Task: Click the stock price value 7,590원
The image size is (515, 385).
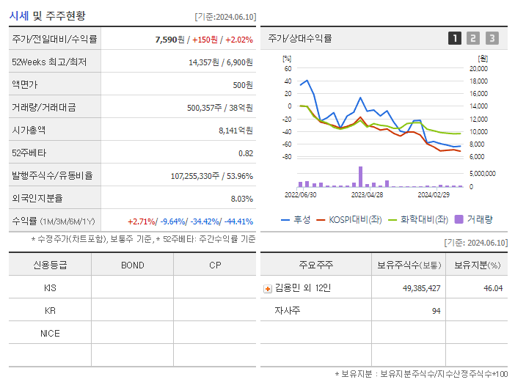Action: [x=171, y=39]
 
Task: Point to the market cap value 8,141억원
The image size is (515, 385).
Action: [x=235, y=130]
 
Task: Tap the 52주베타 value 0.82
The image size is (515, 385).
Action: [x=245, y=153]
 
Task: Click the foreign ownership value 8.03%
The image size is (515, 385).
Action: [x=241, y=198]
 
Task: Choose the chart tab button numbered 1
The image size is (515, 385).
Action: [x=455, y=39]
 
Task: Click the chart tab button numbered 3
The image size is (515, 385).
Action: [x=492, y=39]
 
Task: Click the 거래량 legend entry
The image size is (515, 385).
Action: [x=474, y=219]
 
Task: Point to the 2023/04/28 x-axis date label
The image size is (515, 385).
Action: [x=367, y=195]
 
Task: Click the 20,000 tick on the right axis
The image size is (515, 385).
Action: [x=478, y=68]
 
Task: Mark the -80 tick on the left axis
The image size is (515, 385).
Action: [x=287, y=157]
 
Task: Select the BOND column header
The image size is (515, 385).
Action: [x=132, y=265]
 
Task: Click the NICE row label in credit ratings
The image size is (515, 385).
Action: [x=50, y=333]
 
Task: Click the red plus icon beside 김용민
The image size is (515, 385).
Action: [x=267, y=289]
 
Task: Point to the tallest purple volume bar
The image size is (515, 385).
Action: [x=360, y=176]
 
